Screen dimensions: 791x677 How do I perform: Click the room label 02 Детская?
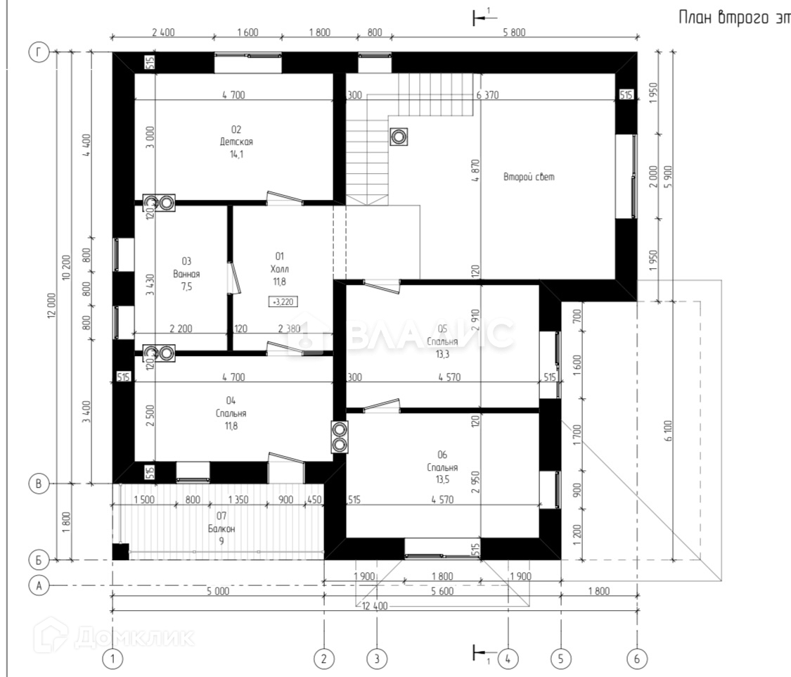236,141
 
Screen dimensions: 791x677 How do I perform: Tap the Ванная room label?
186,274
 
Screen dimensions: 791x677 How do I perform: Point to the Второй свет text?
529,177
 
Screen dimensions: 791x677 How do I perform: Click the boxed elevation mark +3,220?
283,301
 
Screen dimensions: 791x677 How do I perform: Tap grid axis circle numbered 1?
112,659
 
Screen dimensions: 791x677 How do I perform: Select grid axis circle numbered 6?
637,659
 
